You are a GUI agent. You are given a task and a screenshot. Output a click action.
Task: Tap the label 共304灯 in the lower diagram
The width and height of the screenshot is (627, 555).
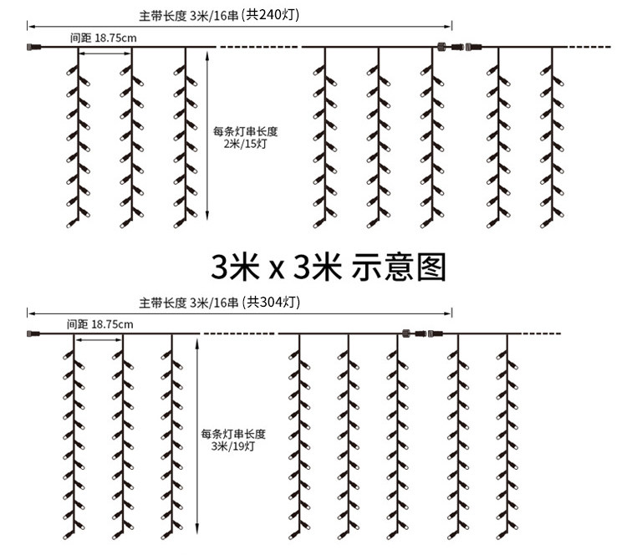click(x=270, y=302)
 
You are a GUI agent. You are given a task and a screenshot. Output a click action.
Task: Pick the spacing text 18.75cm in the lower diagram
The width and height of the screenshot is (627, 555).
click(x=112, y=323)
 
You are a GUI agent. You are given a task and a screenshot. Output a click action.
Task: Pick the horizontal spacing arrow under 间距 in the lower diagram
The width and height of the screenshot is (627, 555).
click(x=99, y=339)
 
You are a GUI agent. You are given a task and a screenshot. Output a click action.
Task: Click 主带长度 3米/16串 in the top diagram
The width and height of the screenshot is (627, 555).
click(x=188, y=16)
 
